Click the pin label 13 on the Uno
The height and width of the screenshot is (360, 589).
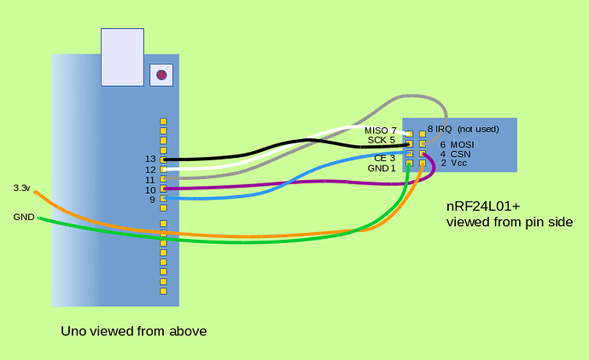pyautogui.click(x=150, y=160)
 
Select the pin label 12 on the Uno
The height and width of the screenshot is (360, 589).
pyautogui.click(x=150, y=170)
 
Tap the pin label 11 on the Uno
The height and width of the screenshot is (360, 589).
pyautogui.click(x=150, y=180)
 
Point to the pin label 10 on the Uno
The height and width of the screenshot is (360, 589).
pyautogui.click(x=150, y=189)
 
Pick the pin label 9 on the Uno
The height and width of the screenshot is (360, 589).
pyautogui.click(x=152, y=200)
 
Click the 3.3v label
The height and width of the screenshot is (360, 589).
pyautogui.click(x=21, y=188)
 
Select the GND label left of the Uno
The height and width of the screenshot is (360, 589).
pyautogui.click(x=23, y=218)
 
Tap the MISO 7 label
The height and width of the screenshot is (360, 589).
pyautogui.click(x=380, y=131)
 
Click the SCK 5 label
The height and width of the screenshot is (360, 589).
pyautogui.click(x=381, y=140)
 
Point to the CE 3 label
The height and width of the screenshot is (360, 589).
pyautogui.click(x=384, y=159)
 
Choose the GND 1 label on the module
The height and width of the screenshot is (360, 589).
pyautogui.click(x=382, y=168)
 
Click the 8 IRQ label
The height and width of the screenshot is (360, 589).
pyautogui.click(x=440, y=129)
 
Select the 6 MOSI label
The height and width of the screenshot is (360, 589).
pyautogui.click(x=457, y=144)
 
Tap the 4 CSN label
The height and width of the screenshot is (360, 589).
pyautogui.click(x=455, y=154)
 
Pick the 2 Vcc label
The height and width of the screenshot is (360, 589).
pyautogui.click(x=453, y=163)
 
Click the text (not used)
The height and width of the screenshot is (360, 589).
pyautogui.click(x=478, y=129)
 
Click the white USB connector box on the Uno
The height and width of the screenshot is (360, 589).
pyautogui.click(x=122, y=57)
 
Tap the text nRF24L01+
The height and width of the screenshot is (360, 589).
pyautogui.click(x=484, y=207)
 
